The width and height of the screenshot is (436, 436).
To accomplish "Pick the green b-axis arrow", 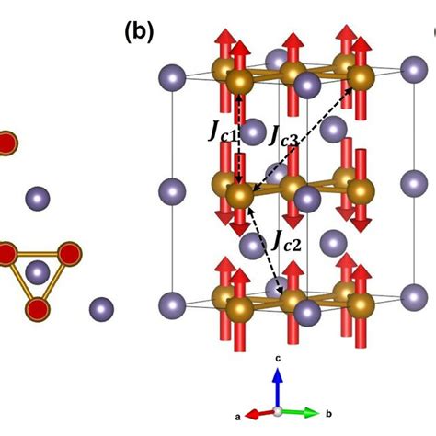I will coord(300,411).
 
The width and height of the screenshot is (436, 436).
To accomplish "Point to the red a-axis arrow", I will coord(263,413).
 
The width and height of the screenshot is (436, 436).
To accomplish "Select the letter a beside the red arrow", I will coord(238,416).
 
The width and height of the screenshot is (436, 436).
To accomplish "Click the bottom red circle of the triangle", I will coord(37,307).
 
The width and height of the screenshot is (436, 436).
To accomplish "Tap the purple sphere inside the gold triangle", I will coord(37,272).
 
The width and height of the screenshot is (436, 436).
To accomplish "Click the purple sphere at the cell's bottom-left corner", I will coord(172,302).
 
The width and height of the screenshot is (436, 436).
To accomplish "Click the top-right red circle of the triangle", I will coord(68,254).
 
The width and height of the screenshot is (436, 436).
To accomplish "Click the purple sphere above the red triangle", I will coord(37,197).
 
